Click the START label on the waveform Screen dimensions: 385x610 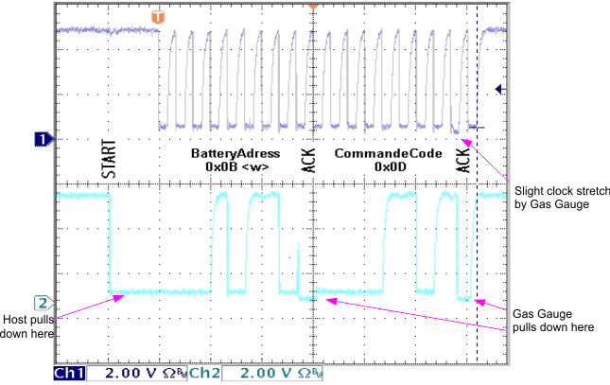pos(108,163)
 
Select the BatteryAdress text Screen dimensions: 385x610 pos(235,153)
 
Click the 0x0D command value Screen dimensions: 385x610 pos(389,166)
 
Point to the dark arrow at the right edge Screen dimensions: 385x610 pos(500,90)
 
